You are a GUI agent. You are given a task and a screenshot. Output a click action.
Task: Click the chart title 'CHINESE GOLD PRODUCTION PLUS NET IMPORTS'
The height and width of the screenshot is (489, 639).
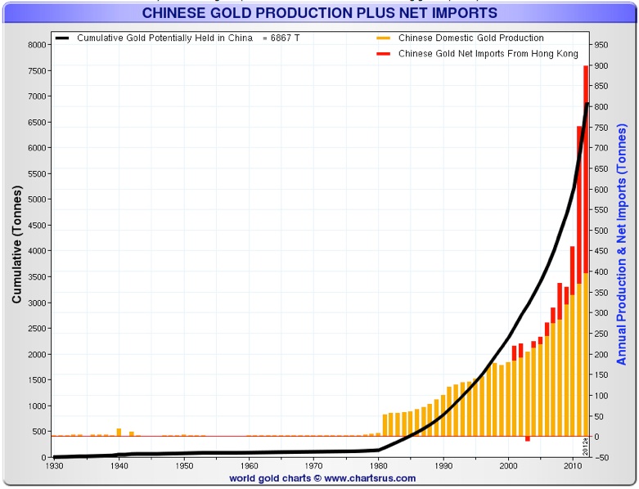pyautogui.click(x=319, y=13)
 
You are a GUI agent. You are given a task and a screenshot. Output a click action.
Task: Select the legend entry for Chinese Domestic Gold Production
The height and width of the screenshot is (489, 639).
pyautogui.click(x=470, y=38)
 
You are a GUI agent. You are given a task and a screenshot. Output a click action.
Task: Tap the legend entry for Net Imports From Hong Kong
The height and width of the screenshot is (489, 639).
pyautogui.click(x=488, y=54)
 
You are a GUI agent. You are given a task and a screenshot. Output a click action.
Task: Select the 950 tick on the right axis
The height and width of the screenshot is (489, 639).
pyautogui.click(x=602, y=45)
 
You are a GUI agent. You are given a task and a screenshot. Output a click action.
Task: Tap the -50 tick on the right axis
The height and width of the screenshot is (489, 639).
pyautogui.click(x=601, y=457)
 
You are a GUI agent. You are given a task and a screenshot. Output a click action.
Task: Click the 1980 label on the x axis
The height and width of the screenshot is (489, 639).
pyautogui.click(x=378, y=466)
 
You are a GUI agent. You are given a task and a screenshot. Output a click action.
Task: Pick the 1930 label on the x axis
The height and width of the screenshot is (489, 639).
pyautogui.click(x=54, y=466)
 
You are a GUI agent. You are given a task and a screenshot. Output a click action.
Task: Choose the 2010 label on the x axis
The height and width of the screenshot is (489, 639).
pyautogui.click(x=573, y=466)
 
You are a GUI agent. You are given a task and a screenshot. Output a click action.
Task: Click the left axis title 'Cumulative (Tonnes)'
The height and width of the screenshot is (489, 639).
pyautogui.click(x=16, y=250)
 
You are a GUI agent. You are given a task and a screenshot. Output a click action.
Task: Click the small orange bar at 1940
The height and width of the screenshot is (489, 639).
pyautogui.click(x=119, y=432)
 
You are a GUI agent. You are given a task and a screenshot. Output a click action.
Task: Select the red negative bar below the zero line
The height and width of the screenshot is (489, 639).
pyautogui.click(x=528, y=439)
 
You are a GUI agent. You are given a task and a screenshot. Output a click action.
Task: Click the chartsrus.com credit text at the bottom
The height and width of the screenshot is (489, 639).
pyautogui.click(x=322, y=478)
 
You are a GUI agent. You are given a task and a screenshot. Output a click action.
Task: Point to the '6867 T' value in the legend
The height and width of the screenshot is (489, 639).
pyautogui.click(x=286, y=38)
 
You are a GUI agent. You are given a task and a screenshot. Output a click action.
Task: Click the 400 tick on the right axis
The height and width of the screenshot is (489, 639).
pyautogui.click(x=601, y=271)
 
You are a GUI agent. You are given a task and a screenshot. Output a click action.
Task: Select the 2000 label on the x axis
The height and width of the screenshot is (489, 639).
pyautogui.click(x=508, y=466)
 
